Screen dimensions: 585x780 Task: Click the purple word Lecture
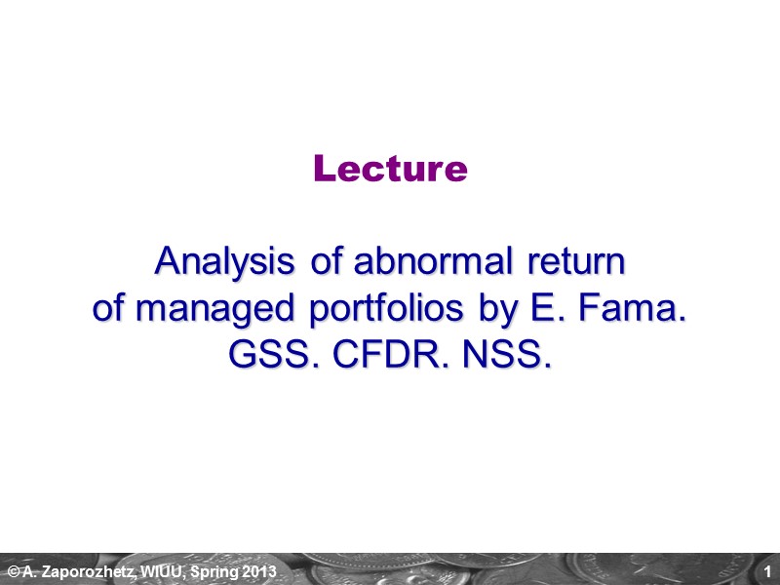click(390, 170)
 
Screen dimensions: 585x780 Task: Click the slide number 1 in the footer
click(768, 570)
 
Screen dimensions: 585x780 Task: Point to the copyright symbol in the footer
click(13, 570)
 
